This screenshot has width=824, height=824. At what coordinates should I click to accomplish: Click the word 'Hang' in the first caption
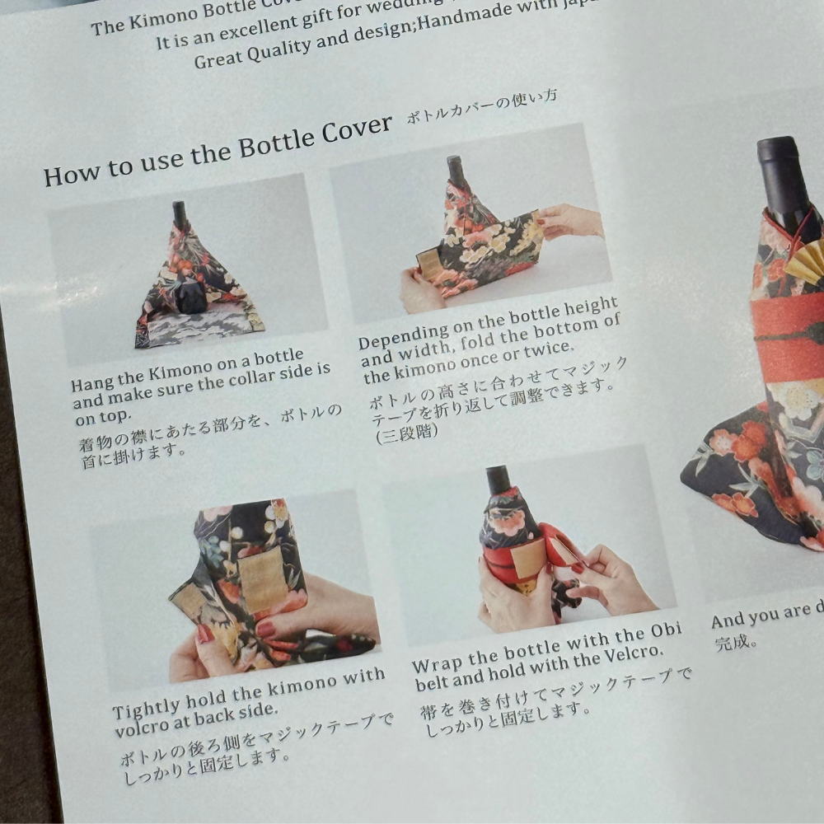(x=92, y=384)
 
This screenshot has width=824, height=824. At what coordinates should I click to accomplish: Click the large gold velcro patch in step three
(x=261, y=577)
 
